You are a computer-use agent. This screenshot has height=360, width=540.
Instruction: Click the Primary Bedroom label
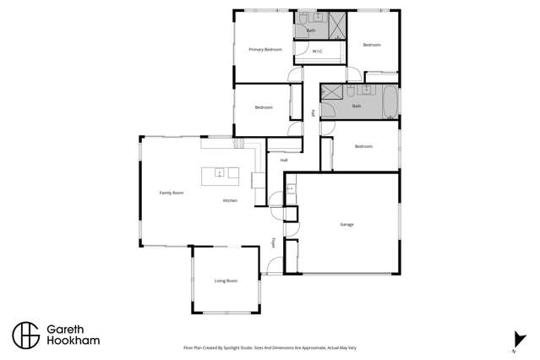coord(265,50)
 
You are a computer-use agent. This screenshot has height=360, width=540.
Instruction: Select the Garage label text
coord(346,225)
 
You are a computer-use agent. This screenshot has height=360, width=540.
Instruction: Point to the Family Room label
coord(172,193)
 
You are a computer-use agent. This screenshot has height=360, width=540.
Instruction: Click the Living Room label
coord(226,281)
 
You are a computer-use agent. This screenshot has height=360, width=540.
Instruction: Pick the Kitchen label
coord(230,200)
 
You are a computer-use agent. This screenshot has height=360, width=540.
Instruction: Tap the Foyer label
coord(275,243)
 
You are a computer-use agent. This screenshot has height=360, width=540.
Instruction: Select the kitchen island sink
coord(220,174)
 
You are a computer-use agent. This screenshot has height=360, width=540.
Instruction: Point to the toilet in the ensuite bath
coord(302,19)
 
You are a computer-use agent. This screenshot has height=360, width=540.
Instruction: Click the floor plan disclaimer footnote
coord(270,346)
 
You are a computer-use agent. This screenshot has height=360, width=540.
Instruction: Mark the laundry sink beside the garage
coord(291,188)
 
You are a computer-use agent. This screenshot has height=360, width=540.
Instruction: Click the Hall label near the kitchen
coord(284,160)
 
